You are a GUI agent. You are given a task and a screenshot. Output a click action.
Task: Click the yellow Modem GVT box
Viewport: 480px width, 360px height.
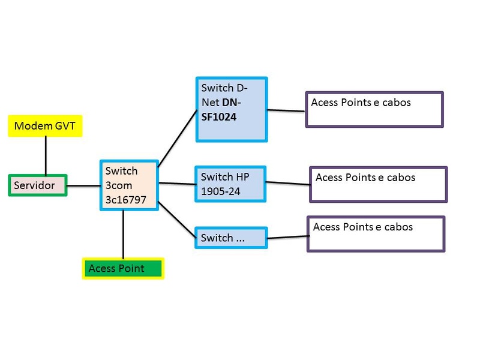[x=46, y=127]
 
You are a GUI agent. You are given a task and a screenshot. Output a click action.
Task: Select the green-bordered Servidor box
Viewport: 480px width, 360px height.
[x=37, y=185]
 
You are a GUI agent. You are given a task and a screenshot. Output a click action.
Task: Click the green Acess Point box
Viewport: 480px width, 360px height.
[x=123, y=268]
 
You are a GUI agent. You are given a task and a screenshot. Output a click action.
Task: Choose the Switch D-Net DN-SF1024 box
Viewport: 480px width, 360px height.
[x=232, y=109]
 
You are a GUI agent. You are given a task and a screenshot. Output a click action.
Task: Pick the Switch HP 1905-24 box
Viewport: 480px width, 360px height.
[x=231, y=183]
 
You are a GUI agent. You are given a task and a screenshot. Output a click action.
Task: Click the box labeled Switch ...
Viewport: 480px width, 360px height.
[x=231, y=238]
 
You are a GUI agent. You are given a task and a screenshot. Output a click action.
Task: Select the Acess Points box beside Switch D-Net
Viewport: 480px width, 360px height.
[x=374, y=109]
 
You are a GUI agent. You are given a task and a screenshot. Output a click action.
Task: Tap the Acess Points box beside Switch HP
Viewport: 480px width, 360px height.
[x=378, y=184]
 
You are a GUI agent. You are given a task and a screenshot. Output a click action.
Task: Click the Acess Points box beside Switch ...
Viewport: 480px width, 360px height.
[x=376, y=234]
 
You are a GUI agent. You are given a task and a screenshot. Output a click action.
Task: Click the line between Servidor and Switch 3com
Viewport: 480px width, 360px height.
[x=82, y=185]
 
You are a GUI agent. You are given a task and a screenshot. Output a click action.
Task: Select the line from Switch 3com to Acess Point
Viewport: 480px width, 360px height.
[x=123, y=234]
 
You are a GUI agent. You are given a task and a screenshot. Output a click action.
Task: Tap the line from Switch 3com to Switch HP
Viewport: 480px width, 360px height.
[x=177, y=183]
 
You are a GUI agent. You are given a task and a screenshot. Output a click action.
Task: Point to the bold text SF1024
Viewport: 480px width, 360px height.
[x=219, y=117]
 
